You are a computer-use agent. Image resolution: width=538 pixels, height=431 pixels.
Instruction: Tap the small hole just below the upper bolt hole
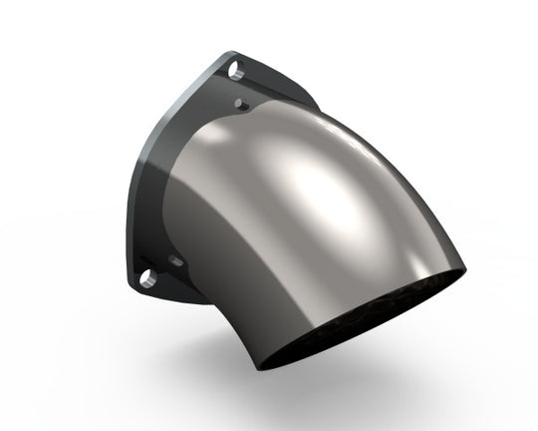pos(241,103)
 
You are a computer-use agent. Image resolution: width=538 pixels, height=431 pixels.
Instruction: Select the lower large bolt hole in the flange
pos(146,276)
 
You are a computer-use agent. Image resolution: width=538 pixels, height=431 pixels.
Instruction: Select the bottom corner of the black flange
pos(149,295)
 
